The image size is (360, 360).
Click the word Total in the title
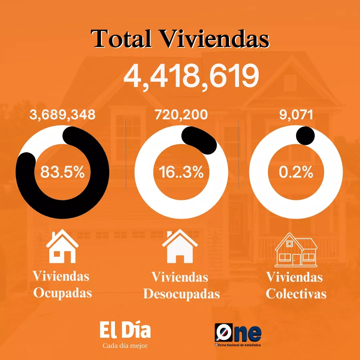click(121, 39)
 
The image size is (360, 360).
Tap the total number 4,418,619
click(191, 76)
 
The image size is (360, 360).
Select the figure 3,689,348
click(62, 115)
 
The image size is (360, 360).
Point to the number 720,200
click(181, 115)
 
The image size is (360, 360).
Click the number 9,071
click(296, 115)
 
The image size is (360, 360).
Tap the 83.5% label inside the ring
click(62, 172)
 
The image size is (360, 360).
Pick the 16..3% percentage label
click(181, 172)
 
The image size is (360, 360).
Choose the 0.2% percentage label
click(296, 172)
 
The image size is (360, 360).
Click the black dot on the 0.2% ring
click(305, 135)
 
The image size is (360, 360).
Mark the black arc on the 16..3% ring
click(202, 139)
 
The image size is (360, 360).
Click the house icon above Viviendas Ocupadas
click(62, 246)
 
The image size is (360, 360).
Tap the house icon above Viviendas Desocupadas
click(180, 246)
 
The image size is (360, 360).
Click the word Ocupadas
click(62, 293)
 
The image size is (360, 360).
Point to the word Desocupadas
click(181, 294)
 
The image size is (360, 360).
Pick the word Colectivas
click(296, 294)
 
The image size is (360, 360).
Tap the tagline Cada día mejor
click(125, 346)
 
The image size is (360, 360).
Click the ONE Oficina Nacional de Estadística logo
click(238, 335)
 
